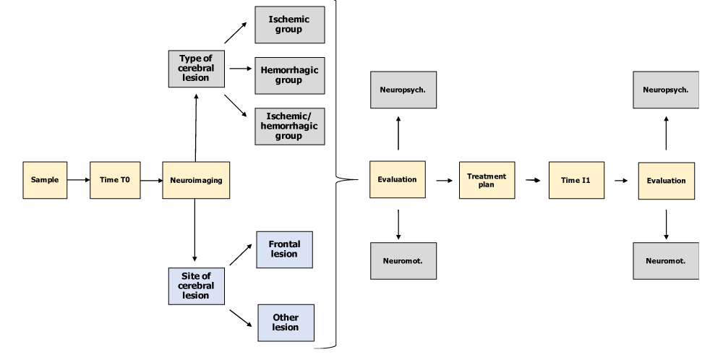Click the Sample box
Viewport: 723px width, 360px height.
[x=45, y=180]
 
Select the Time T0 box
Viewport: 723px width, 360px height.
[x=115, y=180]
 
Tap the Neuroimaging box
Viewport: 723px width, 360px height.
[x=196, y=180]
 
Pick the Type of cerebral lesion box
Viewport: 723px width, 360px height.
[x=197, y=69]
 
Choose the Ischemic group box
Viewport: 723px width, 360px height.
[x=290, y=25]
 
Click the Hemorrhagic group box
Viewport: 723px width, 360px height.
[x=290, y=76]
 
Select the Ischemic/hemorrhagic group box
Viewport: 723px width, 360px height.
[x=290, y=127]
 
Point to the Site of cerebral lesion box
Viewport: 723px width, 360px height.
[x=197, y=286]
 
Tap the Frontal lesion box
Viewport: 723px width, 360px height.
[x=284, y=249]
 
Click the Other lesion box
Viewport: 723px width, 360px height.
[x=286, y=322]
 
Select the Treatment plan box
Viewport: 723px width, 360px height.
[x=487, y=180]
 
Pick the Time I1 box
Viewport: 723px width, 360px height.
[x=576, y=180]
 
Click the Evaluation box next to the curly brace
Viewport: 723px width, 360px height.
[x=398, y=180]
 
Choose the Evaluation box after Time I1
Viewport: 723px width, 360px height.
[x=667, y=181]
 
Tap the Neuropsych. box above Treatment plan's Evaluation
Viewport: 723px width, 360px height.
[x=403, y=90]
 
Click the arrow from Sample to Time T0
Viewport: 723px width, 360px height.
[x=78, y=180]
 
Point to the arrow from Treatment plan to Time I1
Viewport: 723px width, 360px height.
[x=533, y=180]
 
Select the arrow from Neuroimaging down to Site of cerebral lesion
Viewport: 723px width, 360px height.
[x=194, y=231]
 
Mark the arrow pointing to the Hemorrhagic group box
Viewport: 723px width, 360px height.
[x=241, y=69]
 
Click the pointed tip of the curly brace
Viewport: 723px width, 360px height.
[x=358, y=179]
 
